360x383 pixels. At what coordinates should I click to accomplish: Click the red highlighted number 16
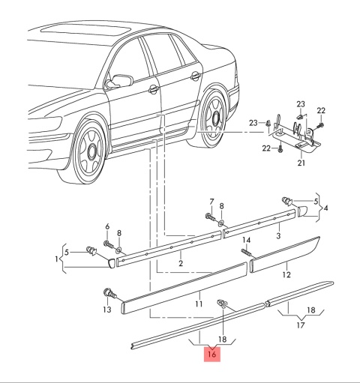click(212, 355)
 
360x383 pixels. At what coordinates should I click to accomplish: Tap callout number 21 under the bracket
click(301, 163)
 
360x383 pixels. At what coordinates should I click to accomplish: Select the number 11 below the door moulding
click(199, 304)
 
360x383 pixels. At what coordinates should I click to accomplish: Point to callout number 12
click(286, 275)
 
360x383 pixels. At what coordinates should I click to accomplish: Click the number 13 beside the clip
click(107, 310)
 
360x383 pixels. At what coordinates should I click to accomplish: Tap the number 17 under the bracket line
click(301, 325)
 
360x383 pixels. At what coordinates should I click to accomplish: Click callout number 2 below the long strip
click(181, 263)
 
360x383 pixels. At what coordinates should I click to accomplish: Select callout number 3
click(278, 235)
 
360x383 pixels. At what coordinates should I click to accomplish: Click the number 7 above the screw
click(211, 202)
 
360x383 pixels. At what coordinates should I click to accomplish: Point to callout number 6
click(107, 226)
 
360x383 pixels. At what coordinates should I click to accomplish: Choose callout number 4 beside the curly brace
click(325, 208)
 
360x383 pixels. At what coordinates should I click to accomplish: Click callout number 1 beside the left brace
click(57, 259)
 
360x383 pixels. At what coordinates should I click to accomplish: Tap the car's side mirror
click(119, 81)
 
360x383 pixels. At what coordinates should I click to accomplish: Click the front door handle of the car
click(154, 89)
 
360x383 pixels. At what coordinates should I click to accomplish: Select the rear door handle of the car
click(196, 76)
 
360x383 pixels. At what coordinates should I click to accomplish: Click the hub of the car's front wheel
click(92, 151)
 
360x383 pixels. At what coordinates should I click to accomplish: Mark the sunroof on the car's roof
click(86, 30)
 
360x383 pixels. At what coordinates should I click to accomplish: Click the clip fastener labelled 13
click(109, 293)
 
